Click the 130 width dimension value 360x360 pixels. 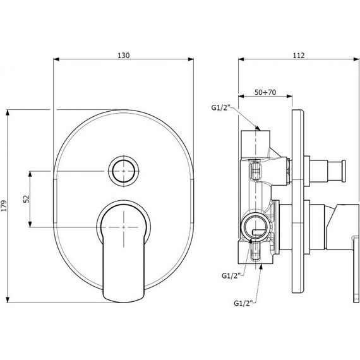[x=124, y=56]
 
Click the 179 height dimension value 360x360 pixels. [x=4, y=206]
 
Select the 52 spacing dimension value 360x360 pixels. [x=27, y=199]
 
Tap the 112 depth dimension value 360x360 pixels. [x=299, y=56]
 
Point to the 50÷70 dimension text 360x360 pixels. [x=265, y=92]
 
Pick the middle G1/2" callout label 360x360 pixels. [x=231, y=275]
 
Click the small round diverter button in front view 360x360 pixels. [x=124, y=171]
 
